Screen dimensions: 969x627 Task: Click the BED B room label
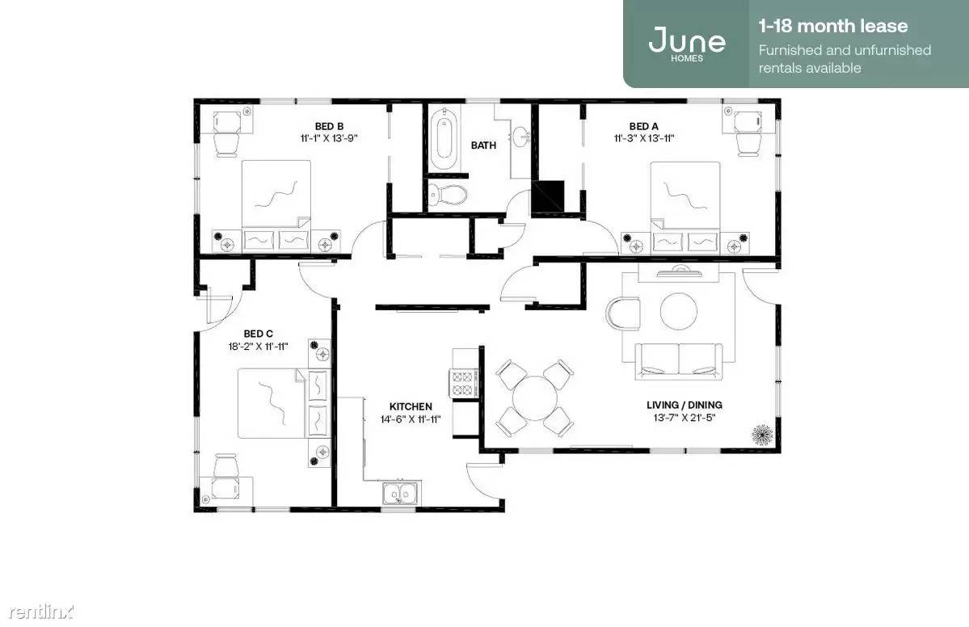click(x=329, y=127)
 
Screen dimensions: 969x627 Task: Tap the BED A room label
click(x=643, y=127)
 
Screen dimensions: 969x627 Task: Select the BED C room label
click(x=259, y=334)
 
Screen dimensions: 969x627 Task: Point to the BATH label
click(x=483, y=145)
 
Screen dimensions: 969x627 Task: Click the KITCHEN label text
click(x=411, y=406)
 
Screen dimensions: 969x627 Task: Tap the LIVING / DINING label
click(x=684, y=406)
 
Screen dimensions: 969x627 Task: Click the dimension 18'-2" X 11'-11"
click(x=259, y=347)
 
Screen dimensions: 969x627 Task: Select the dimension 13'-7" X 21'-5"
click(x=684, y=419)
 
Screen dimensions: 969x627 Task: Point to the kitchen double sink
click(x=400, y=494)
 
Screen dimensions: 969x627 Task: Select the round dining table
click(x=535, y=398)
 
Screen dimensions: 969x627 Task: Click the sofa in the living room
click(x=679, y=360)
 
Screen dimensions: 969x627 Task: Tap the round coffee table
click(x=679, y=311)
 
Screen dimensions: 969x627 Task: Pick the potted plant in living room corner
click(x=763, y=435)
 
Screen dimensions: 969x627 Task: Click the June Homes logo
click(x=687, y=44)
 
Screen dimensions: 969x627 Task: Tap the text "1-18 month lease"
click(x=833, y=26)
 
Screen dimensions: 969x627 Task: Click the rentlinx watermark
click(x=40, y=612)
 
